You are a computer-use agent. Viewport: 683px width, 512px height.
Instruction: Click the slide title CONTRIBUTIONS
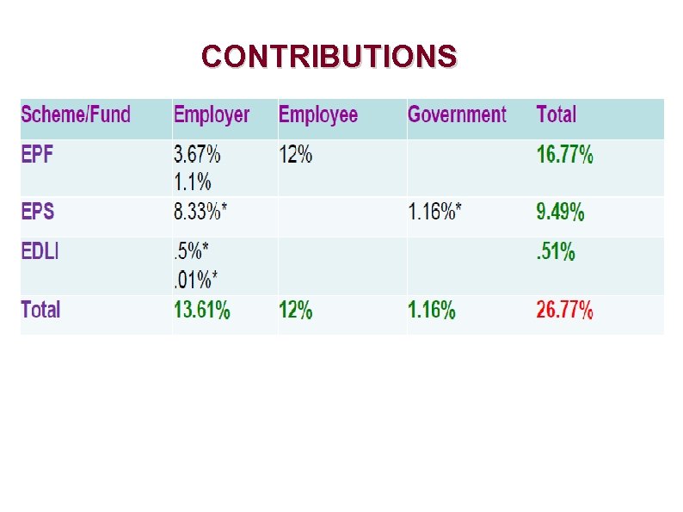pos(329,57)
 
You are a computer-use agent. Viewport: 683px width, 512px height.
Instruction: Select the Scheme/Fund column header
pos(76,114)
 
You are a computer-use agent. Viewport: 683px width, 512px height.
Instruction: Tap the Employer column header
pos(212,114)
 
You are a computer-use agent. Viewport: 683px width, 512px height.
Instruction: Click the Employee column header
pos(318,114)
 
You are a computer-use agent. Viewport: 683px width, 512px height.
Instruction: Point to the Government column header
pos(457,114)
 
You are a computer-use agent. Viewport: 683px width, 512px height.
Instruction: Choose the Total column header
pos(556,114)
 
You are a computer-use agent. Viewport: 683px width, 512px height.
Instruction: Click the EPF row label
pos(38,156)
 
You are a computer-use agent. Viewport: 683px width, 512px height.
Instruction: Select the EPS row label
pos(38,212)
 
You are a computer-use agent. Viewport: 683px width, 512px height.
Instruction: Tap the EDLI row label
pos(40,252)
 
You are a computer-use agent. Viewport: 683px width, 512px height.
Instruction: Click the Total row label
pos(40,310)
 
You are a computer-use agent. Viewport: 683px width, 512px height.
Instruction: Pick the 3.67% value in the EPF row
pos(197,156)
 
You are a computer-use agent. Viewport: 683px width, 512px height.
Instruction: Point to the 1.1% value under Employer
pos(193,182)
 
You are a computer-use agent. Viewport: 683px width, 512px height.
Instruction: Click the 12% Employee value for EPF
pos(295,156)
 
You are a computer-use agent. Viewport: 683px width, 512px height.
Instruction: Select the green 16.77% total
pos(564,156)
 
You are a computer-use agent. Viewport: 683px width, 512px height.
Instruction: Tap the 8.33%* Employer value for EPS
pos(202,212)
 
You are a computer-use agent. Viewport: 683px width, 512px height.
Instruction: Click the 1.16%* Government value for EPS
pos(434,212)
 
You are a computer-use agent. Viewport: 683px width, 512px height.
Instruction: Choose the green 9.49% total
pos(560,212)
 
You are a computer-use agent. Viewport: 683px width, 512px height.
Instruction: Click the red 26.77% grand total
pos(564,311)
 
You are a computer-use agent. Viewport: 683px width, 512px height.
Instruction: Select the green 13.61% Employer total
pos(202,311)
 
